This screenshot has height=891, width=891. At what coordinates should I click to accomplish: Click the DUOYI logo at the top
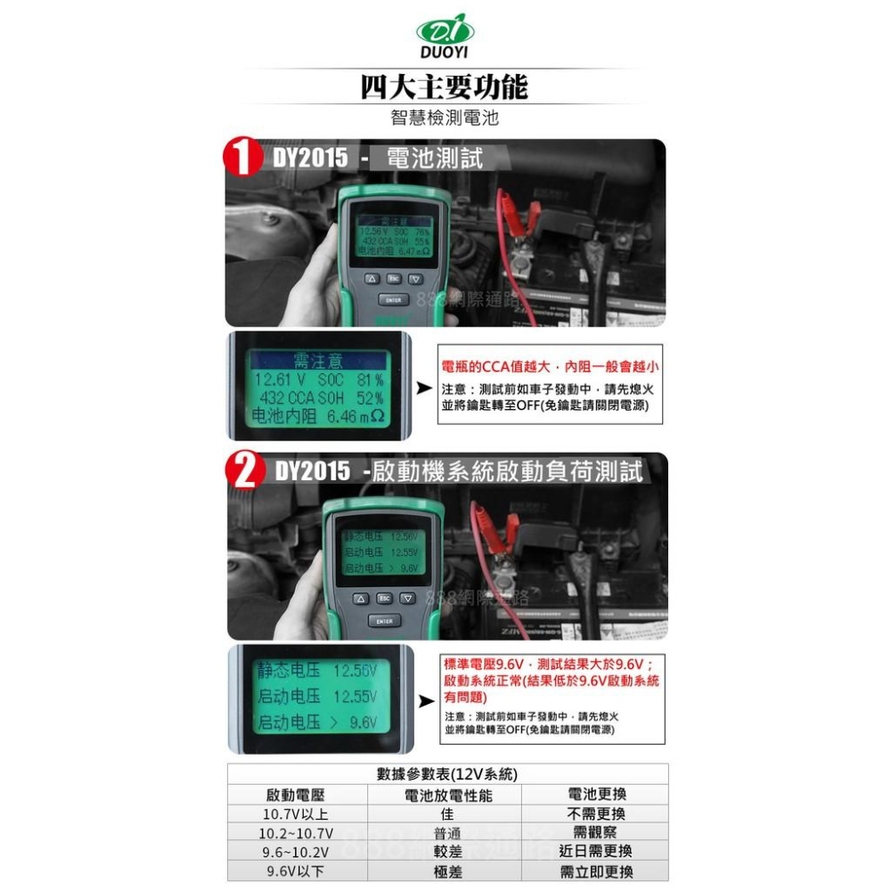click(445, 40)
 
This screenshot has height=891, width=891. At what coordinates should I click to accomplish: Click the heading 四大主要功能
click(445, 87)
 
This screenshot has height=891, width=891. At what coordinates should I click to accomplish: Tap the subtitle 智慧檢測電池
click(445, 117)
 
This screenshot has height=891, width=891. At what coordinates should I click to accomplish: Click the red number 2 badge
click(243, 470)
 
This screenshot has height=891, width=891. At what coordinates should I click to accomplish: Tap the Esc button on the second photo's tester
click(384, 598)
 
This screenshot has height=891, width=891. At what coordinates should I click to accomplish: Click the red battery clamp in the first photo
click(522, 214)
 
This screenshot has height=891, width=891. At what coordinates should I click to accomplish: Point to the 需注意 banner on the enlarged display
click(317, 361)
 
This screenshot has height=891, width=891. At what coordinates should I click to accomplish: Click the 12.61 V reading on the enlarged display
click(282, 380)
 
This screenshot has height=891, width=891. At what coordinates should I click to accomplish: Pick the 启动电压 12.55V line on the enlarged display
click(317, 695)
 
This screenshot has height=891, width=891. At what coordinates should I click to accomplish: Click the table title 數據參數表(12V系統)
click(446, 774)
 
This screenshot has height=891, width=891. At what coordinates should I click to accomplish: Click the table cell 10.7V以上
click(296, 814)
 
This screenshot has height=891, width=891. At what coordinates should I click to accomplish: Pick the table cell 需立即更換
click(595, 872)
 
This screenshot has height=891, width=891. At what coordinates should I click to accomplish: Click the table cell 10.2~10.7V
click(296, 834)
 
